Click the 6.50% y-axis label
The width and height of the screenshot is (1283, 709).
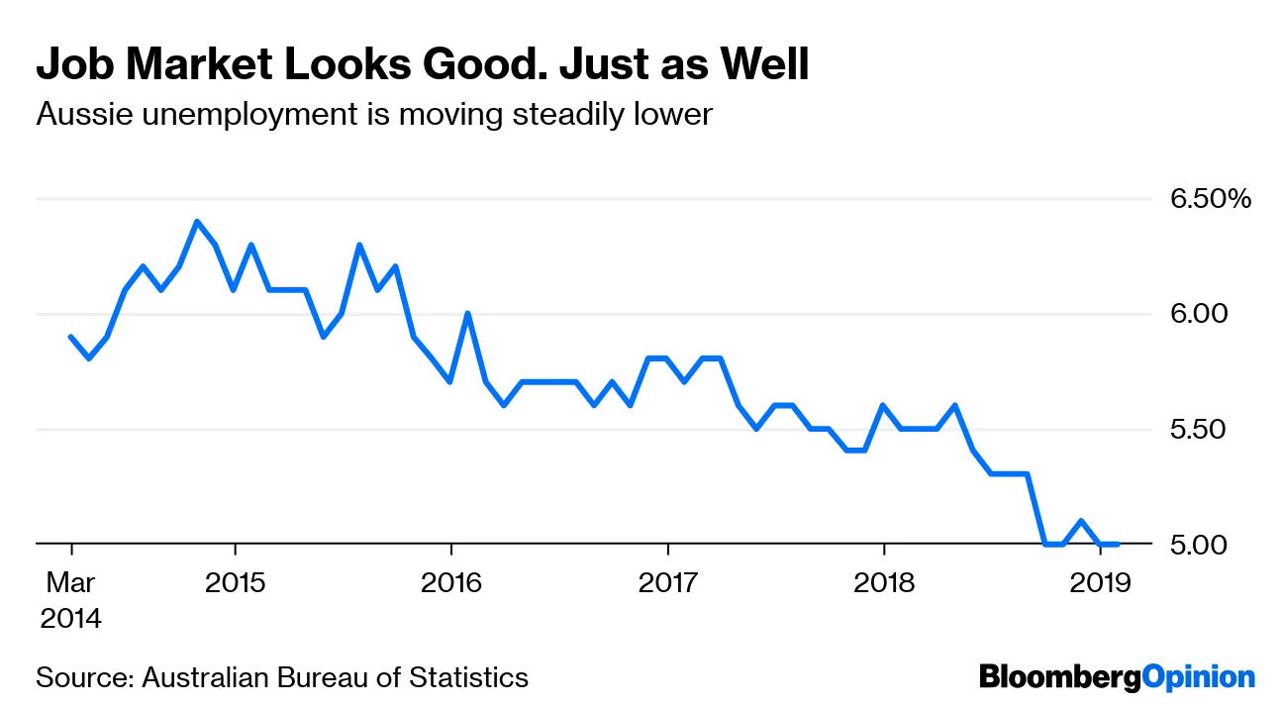1211,199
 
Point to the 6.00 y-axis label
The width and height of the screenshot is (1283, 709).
1200,314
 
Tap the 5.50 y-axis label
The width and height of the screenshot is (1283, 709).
1200,430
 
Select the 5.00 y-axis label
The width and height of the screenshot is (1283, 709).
1200,545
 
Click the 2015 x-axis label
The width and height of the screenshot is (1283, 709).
235,581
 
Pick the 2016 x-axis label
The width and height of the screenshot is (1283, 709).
451,581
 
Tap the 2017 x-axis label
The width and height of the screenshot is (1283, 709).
668,581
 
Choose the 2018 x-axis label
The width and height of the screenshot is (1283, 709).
884,581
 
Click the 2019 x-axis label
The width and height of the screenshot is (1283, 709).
1101,581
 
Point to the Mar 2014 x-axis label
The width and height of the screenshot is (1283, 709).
70,600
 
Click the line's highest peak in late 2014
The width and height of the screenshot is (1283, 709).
197,221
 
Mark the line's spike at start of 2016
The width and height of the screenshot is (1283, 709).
467,314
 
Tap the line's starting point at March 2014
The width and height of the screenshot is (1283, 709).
71,337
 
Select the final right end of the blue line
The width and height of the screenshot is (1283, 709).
1118,545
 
